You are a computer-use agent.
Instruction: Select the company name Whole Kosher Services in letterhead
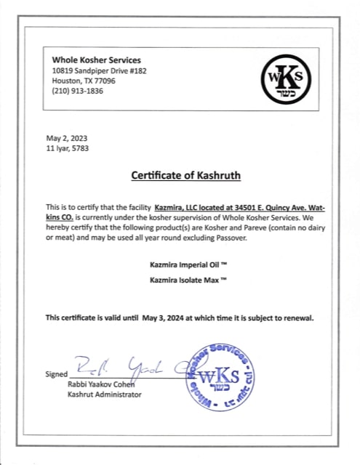(97, 60)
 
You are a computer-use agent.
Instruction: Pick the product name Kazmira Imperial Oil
(179, 265)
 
